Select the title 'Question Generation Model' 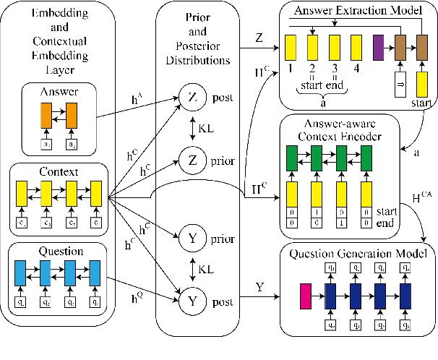tap(358, 253)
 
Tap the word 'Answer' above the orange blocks tap(60, 91)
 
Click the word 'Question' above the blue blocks tap(60, 251)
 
